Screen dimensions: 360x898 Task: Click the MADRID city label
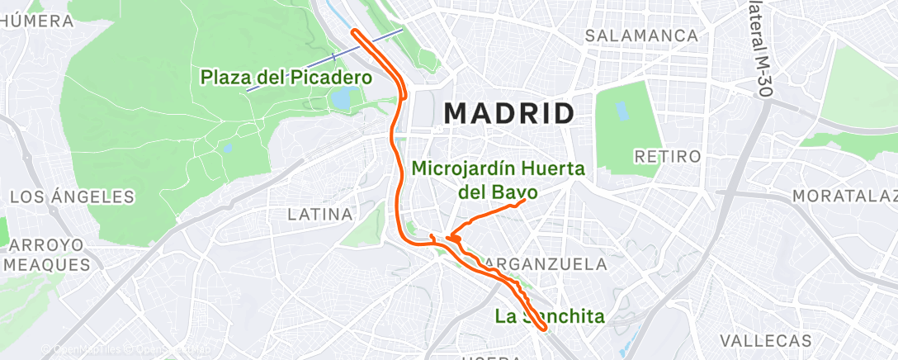[x=509, y=113]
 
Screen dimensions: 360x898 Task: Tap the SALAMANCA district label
[x=641, y=36]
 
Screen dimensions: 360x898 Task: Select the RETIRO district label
[x=667, y=156]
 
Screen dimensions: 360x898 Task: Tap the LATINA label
[x=320, y=215]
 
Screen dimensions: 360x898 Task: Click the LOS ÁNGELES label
[x=71, y=197]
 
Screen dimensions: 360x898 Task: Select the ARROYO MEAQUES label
[x=47, y=255]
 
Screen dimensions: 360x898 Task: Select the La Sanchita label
[x=550, y=315]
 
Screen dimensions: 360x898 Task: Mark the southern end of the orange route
[x=542, y=329]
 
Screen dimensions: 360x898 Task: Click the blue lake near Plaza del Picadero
[x=340, y=98]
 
